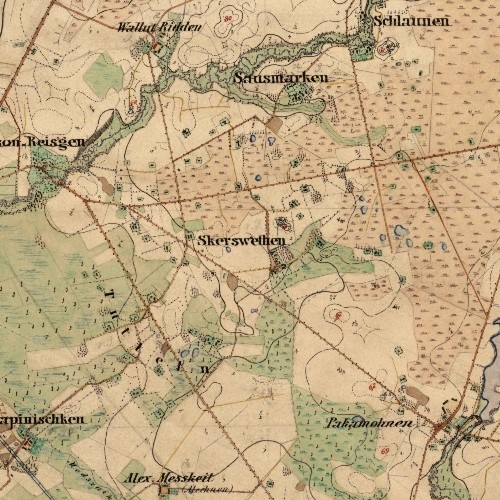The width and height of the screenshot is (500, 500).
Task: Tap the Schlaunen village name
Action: pos(407,20)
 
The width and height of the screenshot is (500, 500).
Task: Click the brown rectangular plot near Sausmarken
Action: pos(274,122)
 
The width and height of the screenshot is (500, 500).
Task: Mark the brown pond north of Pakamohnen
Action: pos(418,396)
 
